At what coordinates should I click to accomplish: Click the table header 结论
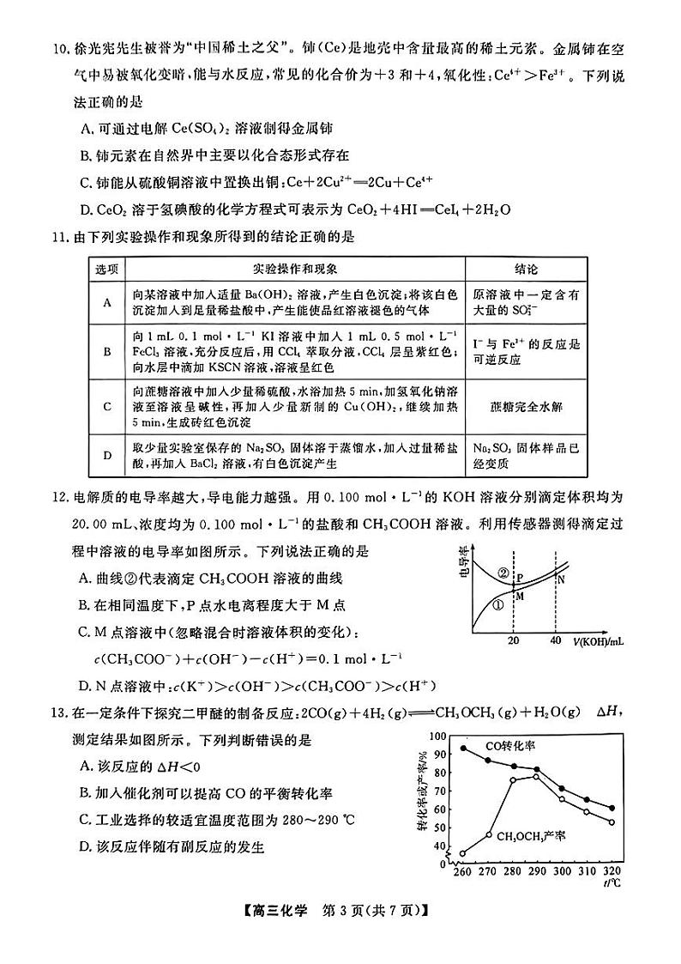[x=526, y=269]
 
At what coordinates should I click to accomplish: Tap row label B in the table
[x=107, y=351]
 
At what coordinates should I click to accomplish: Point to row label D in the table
[x=107, y=454]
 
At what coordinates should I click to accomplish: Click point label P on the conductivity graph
[x=520, y=578]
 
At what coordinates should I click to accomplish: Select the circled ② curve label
[x=503, y=573]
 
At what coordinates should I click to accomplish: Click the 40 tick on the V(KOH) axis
[x=555, y=640]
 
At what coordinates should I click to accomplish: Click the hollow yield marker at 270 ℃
[x=488, y=834]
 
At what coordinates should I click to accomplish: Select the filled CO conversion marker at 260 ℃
[x=463, y=748]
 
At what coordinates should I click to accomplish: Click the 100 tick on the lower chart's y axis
[x=439, y=737]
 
